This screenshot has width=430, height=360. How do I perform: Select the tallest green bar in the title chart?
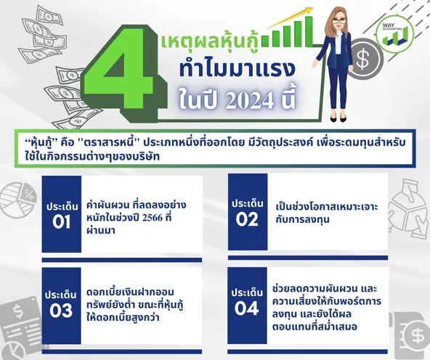[x=309, y=31]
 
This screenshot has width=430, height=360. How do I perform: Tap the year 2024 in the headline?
[x=249, y=102]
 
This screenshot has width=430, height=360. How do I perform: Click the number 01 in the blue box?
[x=62, y=222]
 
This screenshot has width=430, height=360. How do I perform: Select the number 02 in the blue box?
[x=247, y=219]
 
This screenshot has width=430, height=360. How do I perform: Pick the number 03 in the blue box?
[x=61, y=311]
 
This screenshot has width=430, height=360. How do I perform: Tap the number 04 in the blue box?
[x=246, y=308]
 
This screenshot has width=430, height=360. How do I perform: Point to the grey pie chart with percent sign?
[x=18, y=198]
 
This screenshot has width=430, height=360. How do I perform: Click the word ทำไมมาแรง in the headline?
[x=237, y=69]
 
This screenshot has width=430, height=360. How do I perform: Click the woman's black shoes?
[x=338, y=119]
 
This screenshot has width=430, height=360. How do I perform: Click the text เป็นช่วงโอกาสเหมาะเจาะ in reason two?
[x=327, y=207]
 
